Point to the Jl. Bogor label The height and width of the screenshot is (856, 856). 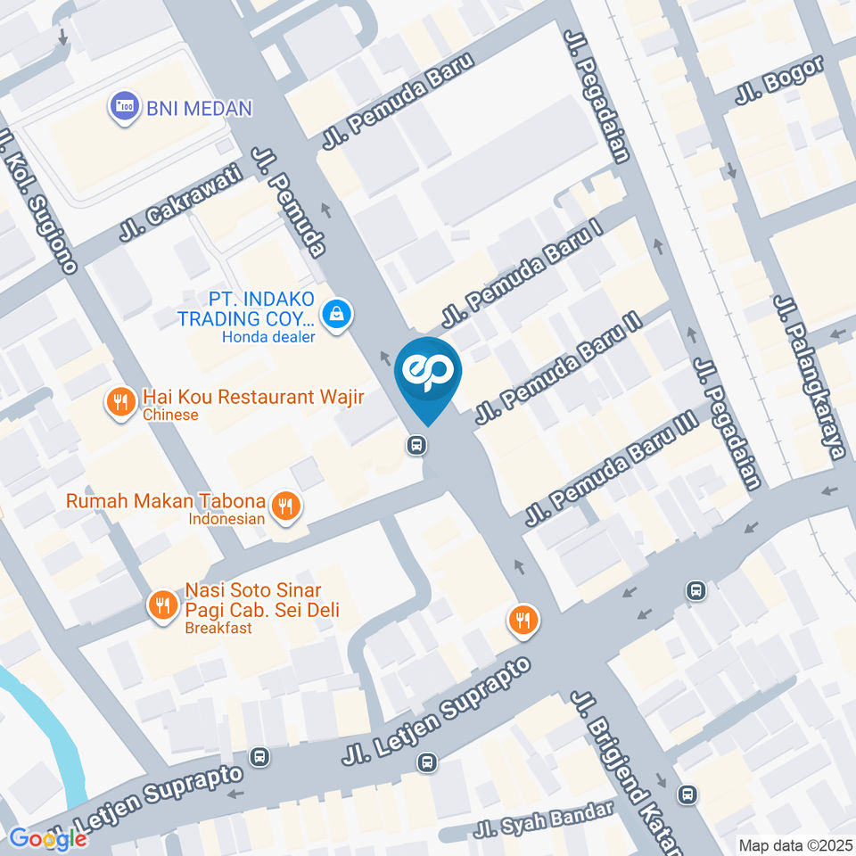[x=779, y=83]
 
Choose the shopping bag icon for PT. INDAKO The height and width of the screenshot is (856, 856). [x=337, y=314]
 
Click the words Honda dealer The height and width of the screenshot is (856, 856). [x=268, y=337]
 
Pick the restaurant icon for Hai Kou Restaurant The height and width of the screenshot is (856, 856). [x=119, y=403]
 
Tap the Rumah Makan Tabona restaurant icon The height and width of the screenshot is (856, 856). [x=285, y=506]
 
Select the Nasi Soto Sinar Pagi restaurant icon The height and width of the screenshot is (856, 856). [x=161, y=606]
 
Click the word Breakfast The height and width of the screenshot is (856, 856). [x=218, y=628]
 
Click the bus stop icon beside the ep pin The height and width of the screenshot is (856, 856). [x=416, y=445]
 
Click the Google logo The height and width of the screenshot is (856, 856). [x=48, y=838]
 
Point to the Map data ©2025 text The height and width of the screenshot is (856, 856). [x=796, y=844]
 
